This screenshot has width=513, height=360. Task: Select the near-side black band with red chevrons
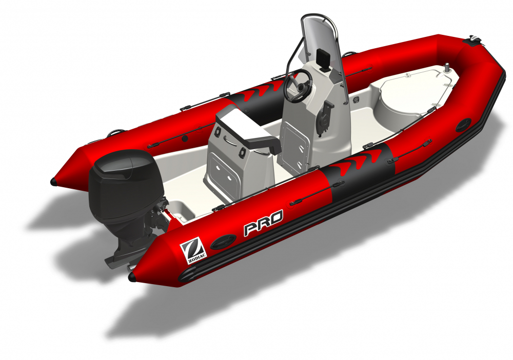tap(360, 171)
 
